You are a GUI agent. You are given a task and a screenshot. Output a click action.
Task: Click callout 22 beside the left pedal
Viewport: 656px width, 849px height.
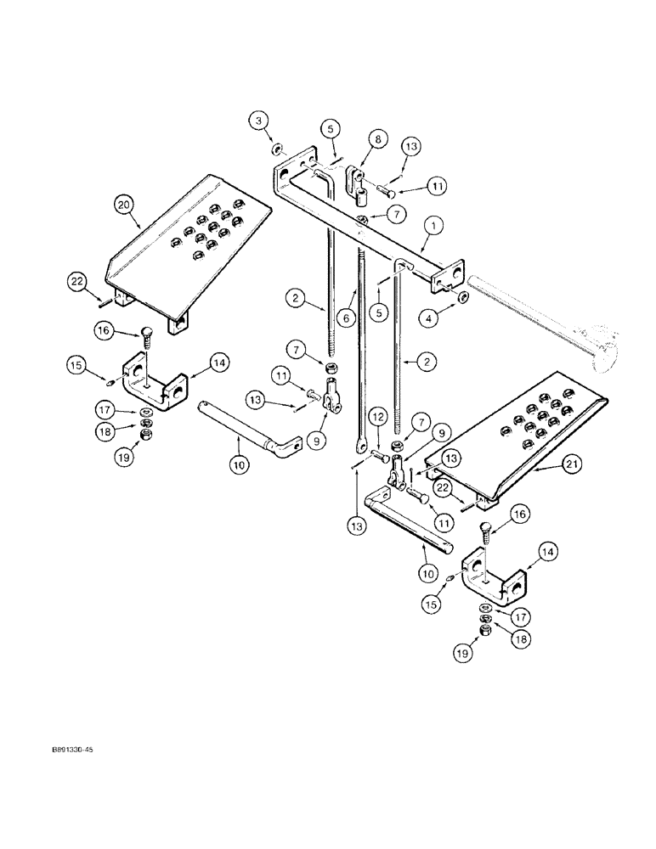[78, 280]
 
